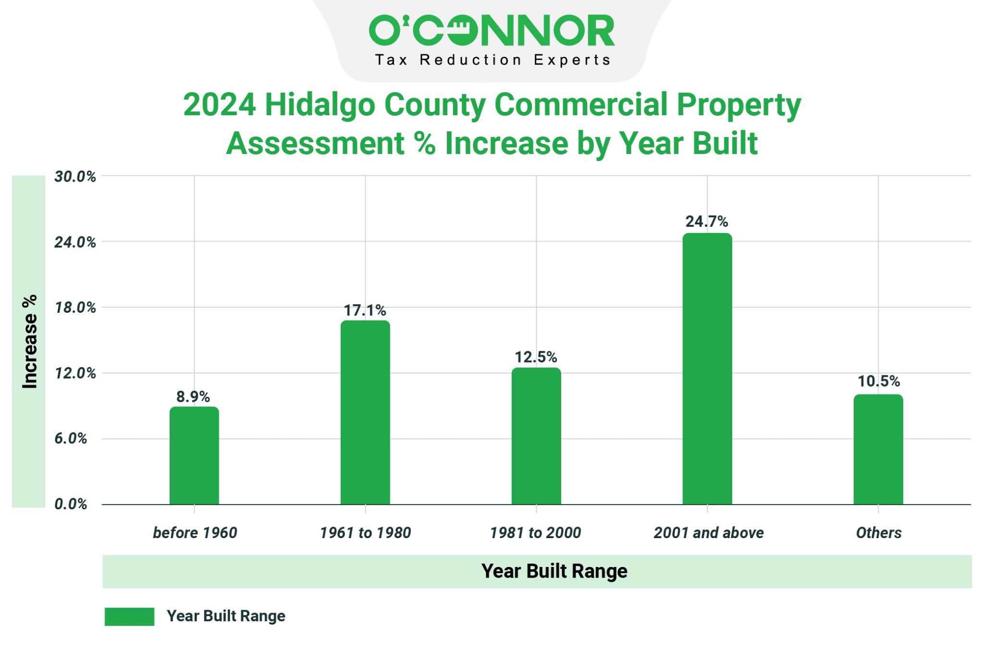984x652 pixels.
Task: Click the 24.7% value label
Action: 706,221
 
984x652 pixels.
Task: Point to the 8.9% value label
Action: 193,397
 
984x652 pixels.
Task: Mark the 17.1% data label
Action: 365,310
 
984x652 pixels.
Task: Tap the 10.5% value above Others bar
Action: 878,381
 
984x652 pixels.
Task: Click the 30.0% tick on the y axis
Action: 75,177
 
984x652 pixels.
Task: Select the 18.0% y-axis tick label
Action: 75,308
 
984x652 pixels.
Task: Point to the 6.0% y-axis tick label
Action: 71,439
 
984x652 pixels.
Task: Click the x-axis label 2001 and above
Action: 709,533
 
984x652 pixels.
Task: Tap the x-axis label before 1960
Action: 195,533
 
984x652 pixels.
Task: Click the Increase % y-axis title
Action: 30,342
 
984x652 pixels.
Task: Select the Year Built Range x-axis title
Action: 554,571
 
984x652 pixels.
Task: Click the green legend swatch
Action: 129,616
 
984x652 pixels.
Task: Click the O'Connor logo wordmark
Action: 492,30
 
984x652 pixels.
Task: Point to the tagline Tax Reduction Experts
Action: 492,60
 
